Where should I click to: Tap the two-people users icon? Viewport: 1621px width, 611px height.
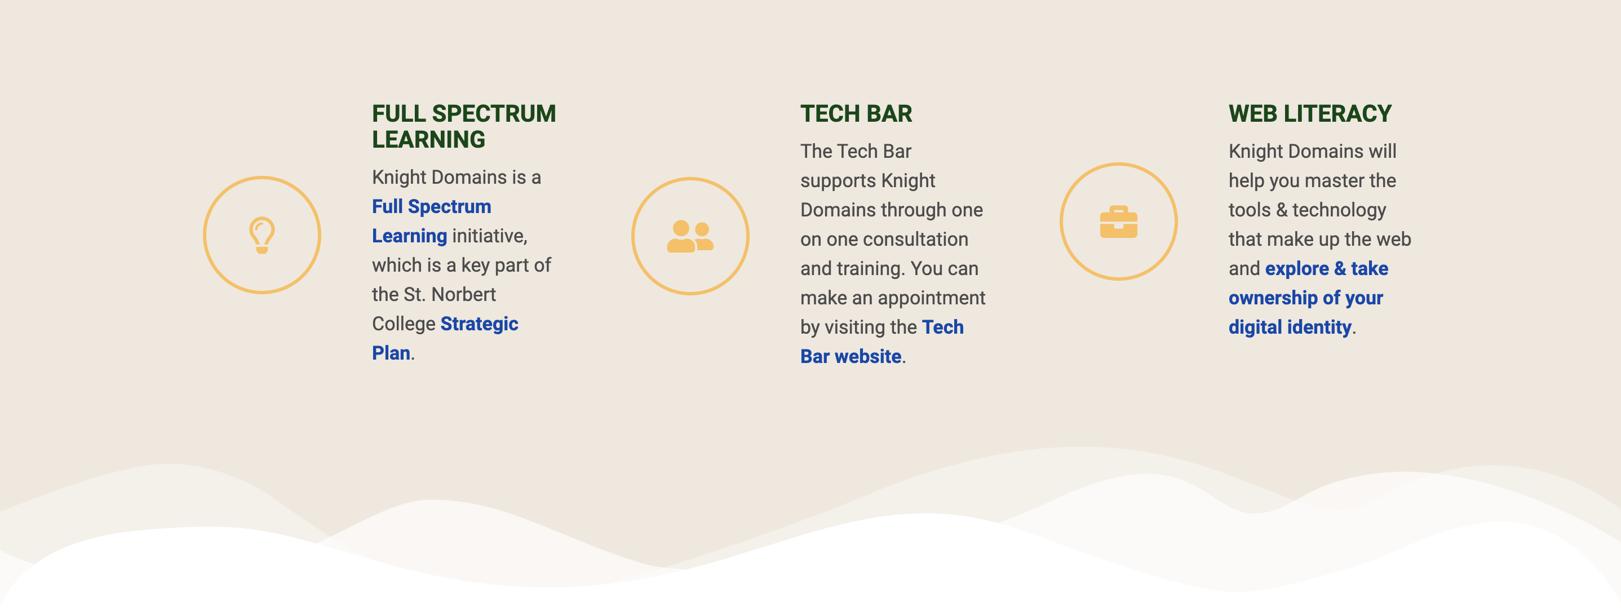[690, 237]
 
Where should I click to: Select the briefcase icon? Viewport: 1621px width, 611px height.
[1118, 222]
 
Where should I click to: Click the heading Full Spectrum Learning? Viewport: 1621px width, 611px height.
[464, 126]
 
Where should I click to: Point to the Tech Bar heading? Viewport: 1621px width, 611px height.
[856, 114]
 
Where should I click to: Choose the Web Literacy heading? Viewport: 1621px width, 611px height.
[1310, 114]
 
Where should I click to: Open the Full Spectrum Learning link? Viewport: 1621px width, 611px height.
[432, 221]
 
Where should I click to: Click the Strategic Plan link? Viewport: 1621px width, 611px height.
[445, 338]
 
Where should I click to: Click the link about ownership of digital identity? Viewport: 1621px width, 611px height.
[1308, 298]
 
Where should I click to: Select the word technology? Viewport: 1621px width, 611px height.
[1339, 210]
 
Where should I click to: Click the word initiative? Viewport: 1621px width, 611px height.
[490, 236]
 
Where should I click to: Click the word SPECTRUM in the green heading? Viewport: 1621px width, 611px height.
[493, 114]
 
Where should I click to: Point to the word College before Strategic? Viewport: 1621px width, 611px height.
[404, 324]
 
